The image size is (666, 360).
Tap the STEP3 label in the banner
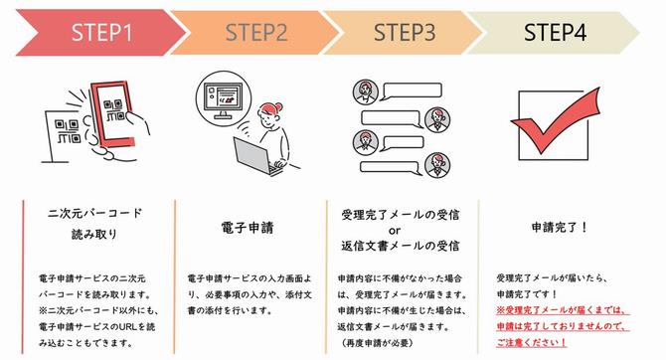click(405, 32)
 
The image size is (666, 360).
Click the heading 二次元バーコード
click(95, 213)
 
